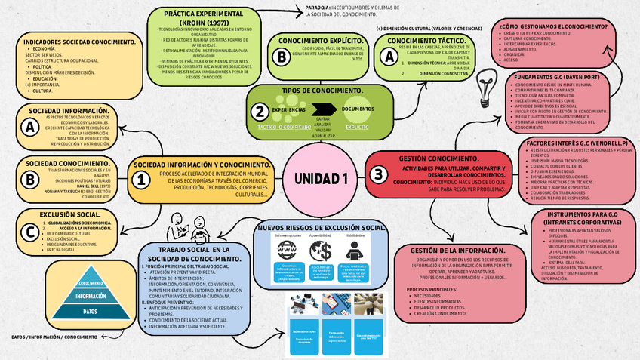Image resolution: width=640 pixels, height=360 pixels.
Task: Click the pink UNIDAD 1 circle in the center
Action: pyautogui.click(x=321, y=179)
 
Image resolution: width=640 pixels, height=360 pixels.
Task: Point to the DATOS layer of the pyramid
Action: pyautogui.click(x=90, y=311)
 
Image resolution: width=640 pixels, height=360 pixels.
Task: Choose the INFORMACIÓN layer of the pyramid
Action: pyautogui.click(x=90, y=297)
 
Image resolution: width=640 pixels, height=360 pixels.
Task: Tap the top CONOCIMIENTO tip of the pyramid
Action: pyautogui.click(x=90, y=283)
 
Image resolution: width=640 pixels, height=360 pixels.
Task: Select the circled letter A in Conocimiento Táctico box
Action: pyautogui.click(x=390, y=55)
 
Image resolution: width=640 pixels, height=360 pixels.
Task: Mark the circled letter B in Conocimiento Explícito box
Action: pyautogui.click(x=282, y=56)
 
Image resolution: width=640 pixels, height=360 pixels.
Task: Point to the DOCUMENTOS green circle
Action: pyautogui.click(x=358, y=109)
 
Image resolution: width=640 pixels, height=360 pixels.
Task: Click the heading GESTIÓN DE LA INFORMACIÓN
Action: pyautogui.click(x=458, y=250)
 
